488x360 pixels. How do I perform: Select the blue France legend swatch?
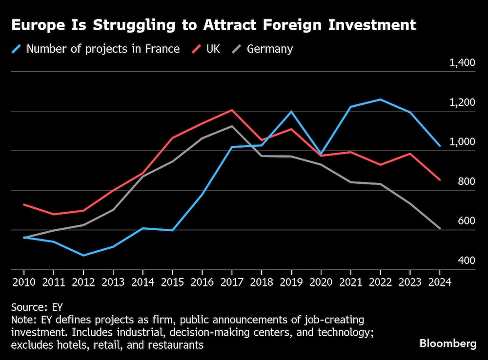[18, 49]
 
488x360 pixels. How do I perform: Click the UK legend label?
[212, 49]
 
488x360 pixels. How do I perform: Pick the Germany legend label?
[270, 49]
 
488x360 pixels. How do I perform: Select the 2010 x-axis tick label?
[23, 281]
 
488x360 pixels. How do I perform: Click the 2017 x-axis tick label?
[232, 281]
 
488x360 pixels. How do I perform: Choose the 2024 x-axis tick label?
[440, 281]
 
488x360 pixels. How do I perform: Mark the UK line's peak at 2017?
[232, 110]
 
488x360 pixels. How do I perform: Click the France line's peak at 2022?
[380, 100]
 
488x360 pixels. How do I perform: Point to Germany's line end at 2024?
[440, 228]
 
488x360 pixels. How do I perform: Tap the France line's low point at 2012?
[83, 255]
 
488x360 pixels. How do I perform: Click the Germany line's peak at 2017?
[232, 126]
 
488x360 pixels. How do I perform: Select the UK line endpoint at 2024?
[440, 180]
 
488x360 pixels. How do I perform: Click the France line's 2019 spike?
[291, 112]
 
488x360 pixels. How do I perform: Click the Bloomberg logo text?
[448, 343]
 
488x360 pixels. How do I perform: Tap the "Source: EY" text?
[34, 307]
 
